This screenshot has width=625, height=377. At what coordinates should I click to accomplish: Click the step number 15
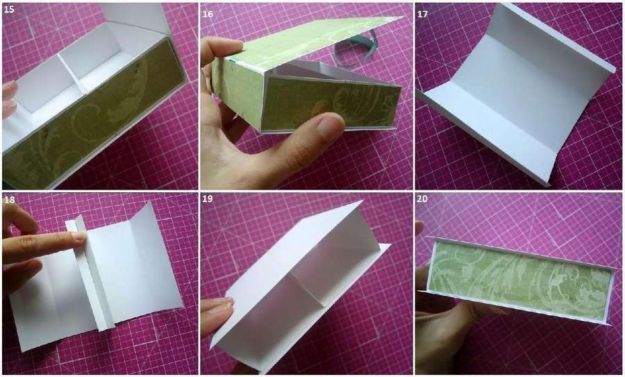tap(9, 10)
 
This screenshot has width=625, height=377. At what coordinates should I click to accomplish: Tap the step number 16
tap(208, 14)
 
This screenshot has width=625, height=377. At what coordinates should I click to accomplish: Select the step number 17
tap(422, 14)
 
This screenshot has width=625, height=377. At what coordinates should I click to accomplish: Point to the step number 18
tap(9, 200)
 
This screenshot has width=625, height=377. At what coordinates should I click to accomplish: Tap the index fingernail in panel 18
tap(79, 235)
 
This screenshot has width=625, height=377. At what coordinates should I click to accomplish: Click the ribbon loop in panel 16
tap(356, 49)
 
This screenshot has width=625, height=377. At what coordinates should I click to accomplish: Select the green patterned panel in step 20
tap(521, 279)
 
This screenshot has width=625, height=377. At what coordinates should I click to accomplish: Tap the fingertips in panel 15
tap(10, 99)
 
